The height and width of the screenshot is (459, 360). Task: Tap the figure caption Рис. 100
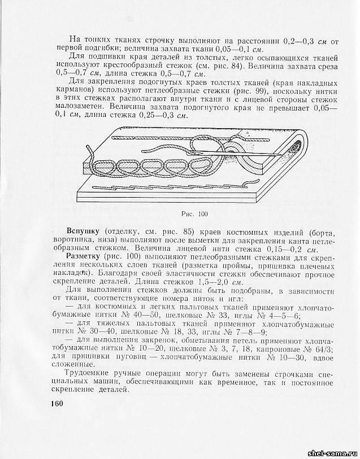[195, 214]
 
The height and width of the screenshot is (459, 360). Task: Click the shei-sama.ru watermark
[330, 453]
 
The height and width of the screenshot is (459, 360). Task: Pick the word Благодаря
[101, 273]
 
